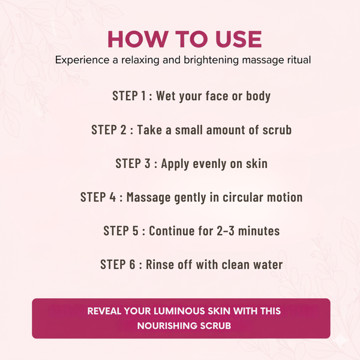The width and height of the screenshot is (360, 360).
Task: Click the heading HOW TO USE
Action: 184,38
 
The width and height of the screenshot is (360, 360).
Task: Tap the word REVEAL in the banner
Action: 104,311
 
